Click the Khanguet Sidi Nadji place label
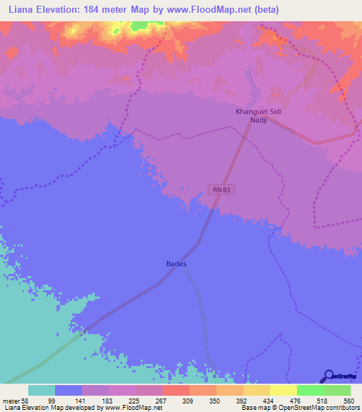click(257, 116)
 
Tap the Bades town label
click(176, 264)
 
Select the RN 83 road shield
click(221, 189)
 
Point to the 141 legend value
click(99, 400)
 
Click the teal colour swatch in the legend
click(42, 390)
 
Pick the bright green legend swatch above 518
click(310, 390)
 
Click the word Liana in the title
click(18, 10)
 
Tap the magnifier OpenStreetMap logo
click(327, 376)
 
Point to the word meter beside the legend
click(12, 400)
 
